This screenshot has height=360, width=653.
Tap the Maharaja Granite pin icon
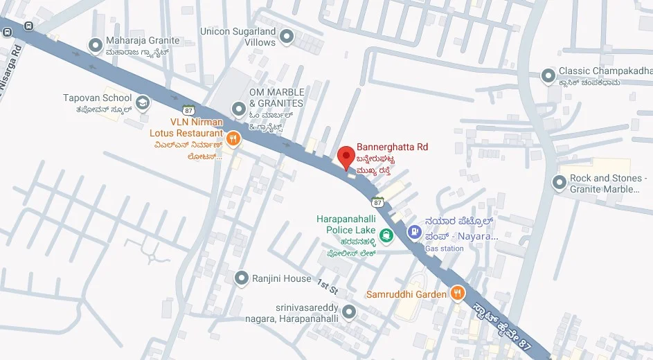96,46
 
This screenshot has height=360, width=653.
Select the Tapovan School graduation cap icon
143,103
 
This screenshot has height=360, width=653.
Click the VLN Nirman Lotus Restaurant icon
233,138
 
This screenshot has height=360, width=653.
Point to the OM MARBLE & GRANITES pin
239,109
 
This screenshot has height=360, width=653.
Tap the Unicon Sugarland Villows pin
286,36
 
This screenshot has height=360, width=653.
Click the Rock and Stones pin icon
560,183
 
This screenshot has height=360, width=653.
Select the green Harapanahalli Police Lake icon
386,236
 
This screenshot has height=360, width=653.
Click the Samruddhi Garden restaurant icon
457,294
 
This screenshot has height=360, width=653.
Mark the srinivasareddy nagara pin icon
348,312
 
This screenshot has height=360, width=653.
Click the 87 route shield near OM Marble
189,109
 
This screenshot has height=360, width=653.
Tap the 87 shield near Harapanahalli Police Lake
377,202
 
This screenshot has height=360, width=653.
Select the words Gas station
444,249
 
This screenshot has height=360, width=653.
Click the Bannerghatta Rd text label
392,147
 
